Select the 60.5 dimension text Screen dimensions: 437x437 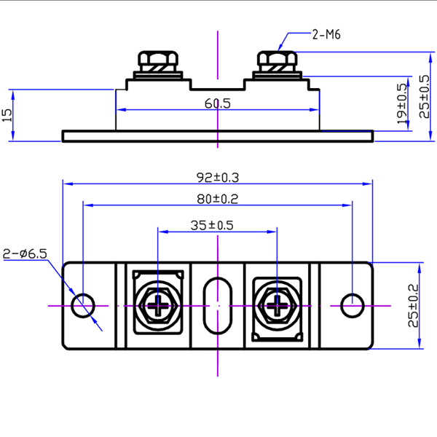pyautogui.click(x=217, y=103)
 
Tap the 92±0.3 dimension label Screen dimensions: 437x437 pyautogui.click(x=218, y=177)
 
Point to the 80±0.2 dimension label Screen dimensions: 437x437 pyautogui.click(x=218, y=198)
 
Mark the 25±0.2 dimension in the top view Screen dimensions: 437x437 pyautogui.click(x=414, y=306)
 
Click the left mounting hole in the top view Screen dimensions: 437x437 pyautogui.click(x=84, y=305)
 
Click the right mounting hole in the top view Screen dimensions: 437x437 pyautogui.click(x=352, y=305)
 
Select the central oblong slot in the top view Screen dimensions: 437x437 pyautogui.click(x=218, y=305)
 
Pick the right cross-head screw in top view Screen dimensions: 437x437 pyautogui.click(x=277, y=305)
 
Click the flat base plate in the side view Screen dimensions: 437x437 pyautogui.click(x=218, y=136)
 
